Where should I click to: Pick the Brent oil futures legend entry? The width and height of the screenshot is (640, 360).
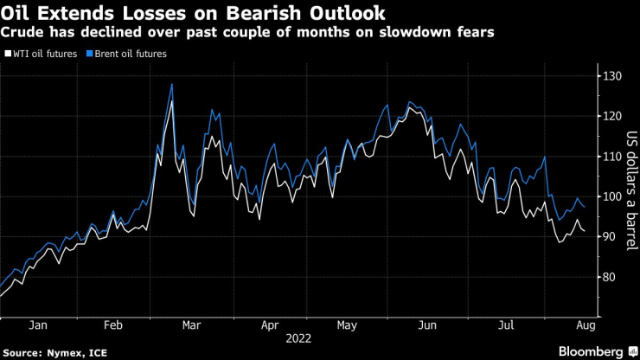click(131, 54)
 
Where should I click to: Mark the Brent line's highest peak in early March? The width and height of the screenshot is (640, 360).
click(172, 84)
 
